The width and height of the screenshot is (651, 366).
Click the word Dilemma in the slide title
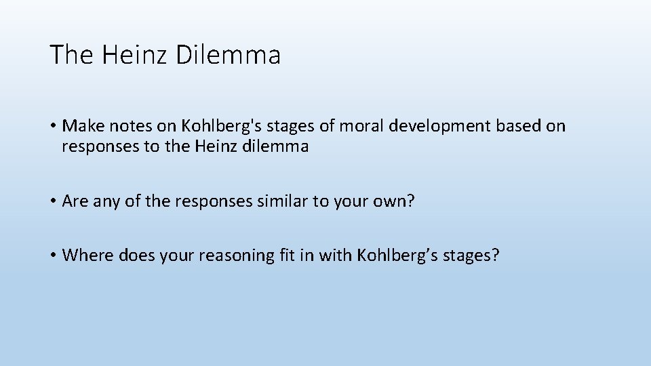(x=228, y=55)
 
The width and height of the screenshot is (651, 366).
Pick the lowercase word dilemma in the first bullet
(x=277, y=146)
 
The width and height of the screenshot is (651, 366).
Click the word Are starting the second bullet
(x=74, y=201)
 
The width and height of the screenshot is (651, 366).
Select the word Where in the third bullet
(x=88, y=255)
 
